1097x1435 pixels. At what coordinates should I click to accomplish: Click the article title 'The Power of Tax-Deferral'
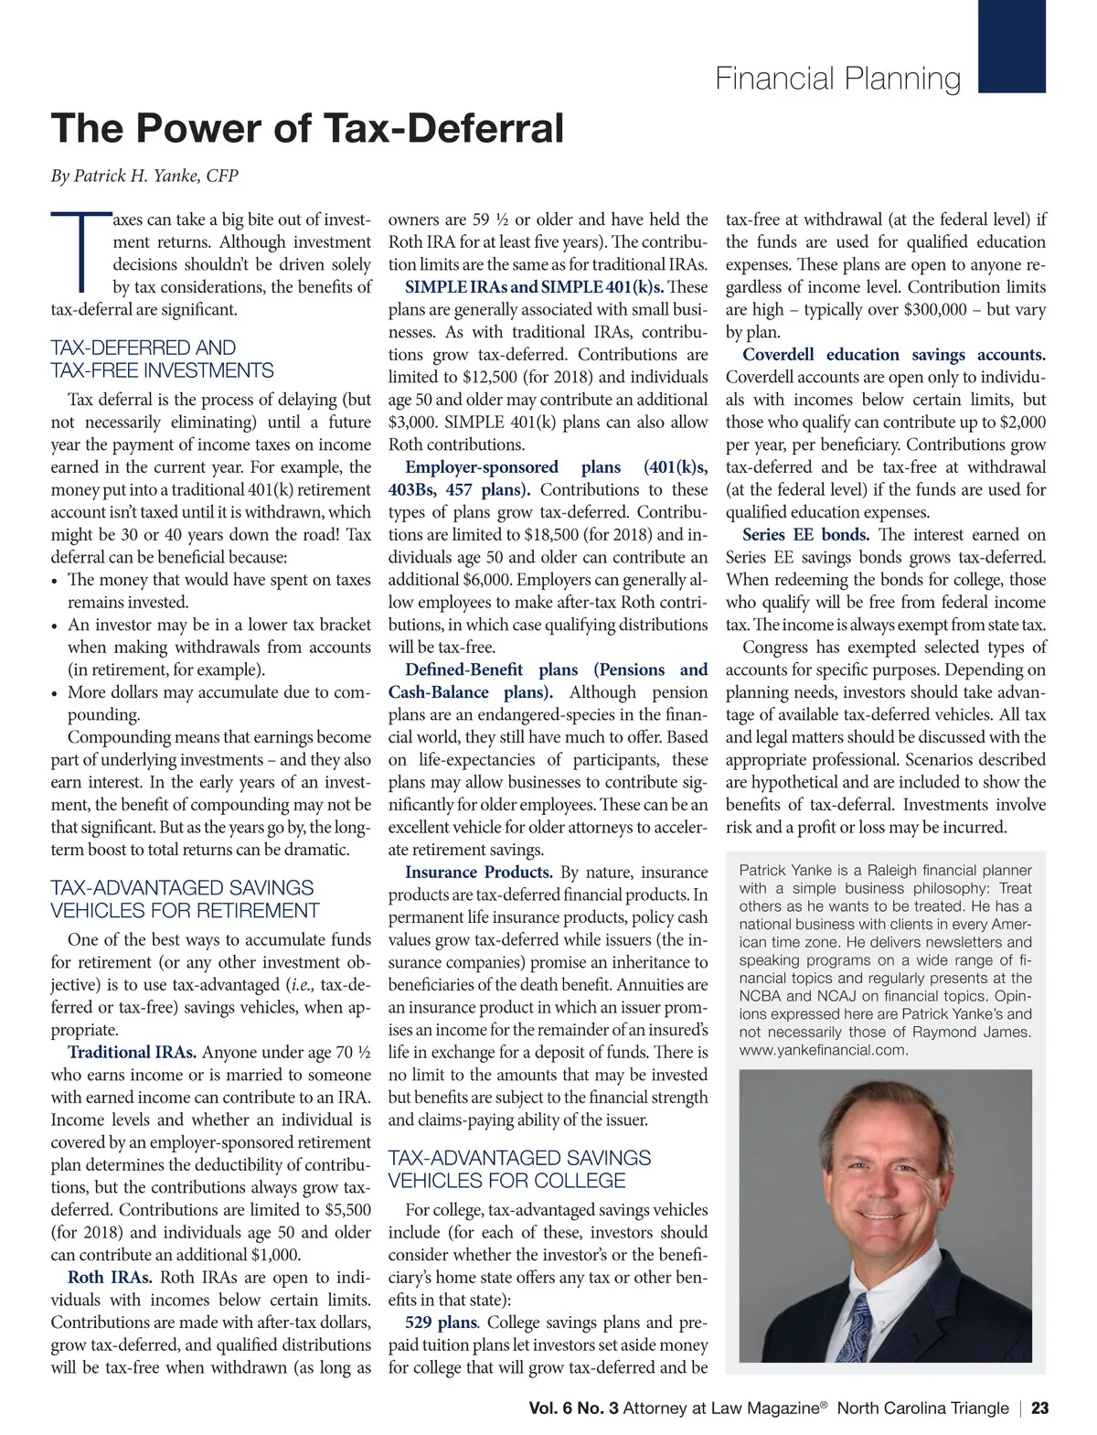307,128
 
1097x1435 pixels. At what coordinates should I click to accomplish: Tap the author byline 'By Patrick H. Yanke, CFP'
144,176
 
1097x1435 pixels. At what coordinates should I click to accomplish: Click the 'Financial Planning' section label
837,79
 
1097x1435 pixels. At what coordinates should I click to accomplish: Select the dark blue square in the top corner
1011,46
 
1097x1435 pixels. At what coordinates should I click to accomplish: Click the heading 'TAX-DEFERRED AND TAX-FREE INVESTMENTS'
162,359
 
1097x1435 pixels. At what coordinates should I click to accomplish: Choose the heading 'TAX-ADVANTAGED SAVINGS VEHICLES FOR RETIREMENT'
185,899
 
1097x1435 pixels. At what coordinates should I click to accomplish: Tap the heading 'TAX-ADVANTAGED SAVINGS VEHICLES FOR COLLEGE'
519,1169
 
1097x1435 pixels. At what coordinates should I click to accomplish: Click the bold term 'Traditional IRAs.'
132,1053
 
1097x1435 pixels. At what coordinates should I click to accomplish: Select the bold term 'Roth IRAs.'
110,1278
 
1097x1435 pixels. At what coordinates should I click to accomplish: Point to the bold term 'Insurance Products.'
478,873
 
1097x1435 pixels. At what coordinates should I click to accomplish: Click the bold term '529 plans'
441,1323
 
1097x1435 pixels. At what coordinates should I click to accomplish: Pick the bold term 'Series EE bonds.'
805,535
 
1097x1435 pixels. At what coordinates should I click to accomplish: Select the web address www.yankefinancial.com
823,1050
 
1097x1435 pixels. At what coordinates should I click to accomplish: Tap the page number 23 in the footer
1039,1408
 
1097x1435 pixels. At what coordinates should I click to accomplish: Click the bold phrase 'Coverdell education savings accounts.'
893,355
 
